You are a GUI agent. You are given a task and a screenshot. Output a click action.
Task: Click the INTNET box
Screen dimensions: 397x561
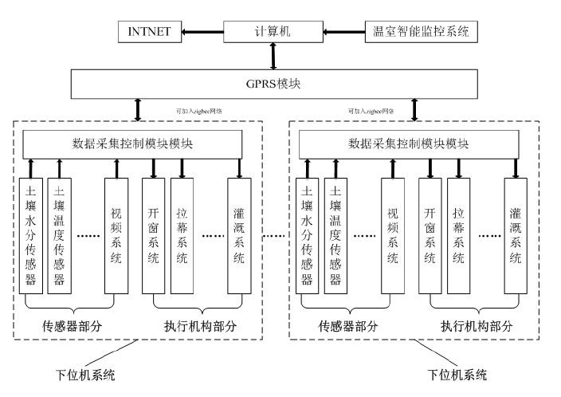[x=150, y=33]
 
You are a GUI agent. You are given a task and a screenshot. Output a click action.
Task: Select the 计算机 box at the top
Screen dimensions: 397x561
[x=273, y=33]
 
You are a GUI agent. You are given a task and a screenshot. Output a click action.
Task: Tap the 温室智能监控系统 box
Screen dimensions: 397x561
[x=420, y=33]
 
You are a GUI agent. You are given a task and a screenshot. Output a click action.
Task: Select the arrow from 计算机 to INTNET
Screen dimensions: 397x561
[x=202, y=33]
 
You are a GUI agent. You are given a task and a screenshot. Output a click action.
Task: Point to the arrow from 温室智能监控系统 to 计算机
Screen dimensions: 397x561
[x=345, y=33]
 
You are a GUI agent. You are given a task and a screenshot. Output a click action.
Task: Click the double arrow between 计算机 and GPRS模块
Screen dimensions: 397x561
[x=273, y=56]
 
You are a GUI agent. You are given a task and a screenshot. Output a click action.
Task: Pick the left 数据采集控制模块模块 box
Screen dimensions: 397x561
[x=131, y=144]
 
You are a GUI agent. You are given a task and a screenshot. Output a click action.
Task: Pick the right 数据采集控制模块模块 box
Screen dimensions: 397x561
[x=408, y=144]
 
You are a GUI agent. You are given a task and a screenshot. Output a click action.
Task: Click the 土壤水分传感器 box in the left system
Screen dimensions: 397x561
[x=31, y=234]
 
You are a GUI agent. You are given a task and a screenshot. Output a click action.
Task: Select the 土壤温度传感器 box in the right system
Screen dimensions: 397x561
[x=335, y=234]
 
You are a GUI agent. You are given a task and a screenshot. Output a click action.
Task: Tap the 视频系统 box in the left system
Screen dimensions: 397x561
[x=116, y=234]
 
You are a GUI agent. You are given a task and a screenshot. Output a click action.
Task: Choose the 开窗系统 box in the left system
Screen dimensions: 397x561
[x=153, y=234]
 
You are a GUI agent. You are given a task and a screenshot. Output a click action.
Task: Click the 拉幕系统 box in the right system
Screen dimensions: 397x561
[x=459, y=234]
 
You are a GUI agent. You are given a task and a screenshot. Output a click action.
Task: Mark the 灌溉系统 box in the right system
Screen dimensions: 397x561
[x=516, y=234]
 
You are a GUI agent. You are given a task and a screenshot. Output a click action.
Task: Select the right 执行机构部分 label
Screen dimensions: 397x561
[x=477, y=325]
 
